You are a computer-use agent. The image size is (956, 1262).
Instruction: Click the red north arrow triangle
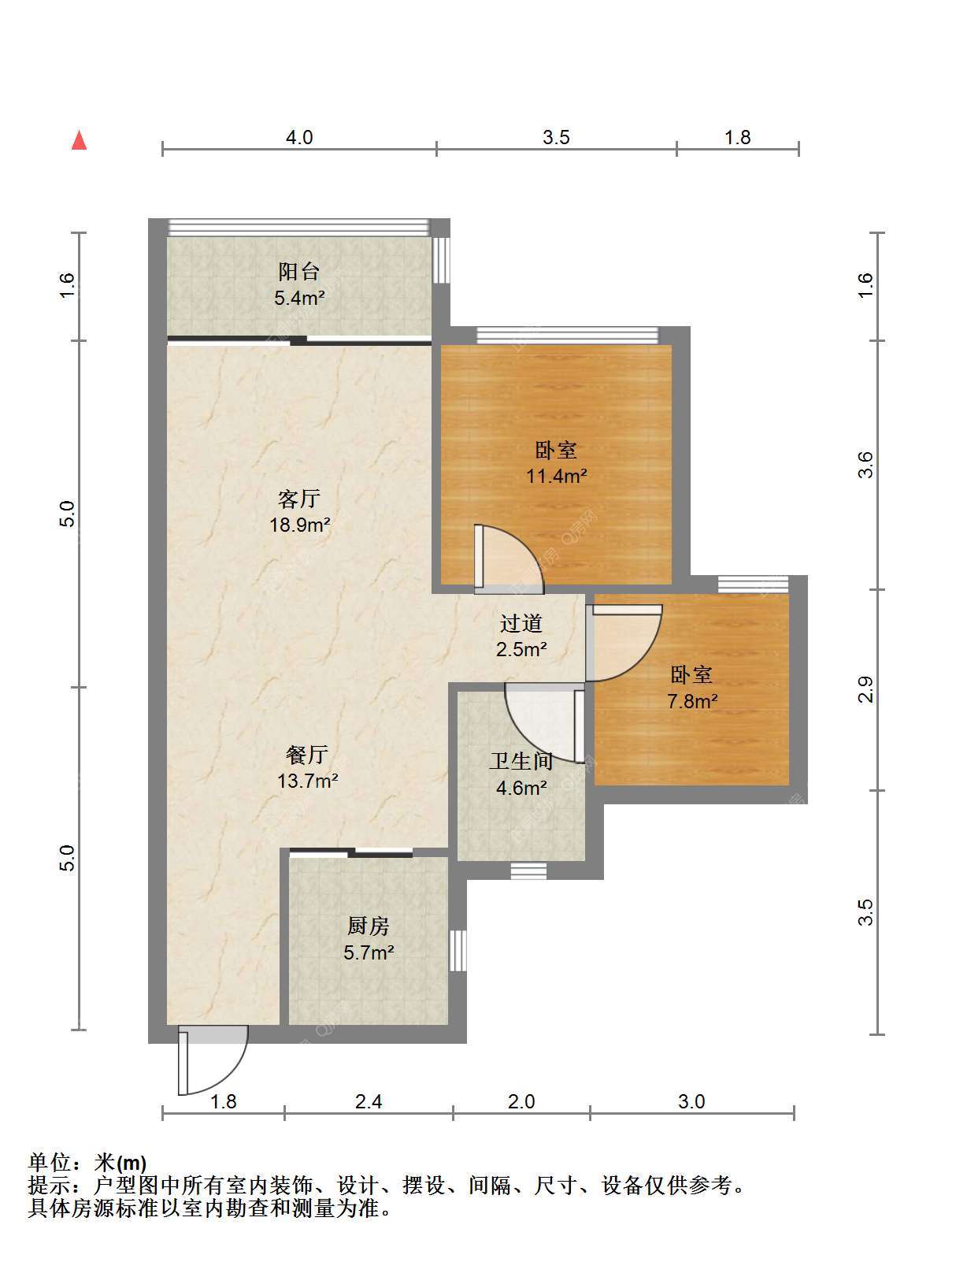80,140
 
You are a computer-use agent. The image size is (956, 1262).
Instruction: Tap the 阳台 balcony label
298,271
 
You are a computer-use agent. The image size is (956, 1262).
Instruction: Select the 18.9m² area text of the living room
299,525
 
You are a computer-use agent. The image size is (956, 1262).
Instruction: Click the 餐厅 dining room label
307,755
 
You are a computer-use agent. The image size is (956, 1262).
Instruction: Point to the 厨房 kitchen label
369,926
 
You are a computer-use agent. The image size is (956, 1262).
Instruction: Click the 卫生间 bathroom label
521,761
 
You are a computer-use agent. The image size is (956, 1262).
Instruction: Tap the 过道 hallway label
521,623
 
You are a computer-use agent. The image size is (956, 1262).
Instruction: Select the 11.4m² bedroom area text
556,476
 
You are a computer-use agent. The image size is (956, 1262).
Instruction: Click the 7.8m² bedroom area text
691,701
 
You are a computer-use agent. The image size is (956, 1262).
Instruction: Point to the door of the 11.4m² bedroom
509,559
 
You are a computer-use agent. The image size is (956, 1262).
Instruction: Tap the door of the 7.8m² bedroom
624,643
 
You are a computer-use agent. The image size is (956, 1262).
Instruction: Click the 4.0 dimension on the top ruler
299,138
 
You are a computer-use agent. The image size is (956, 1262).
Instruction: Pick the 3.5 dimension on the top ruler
556,138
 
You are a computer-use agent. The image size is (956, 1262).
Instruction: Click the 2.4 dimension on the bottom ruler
369,1101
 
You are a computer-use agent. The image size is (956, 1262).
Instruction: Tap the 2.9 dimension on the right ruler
865,690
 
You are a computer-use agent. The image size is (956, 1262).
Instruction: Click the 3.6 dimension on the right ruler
865,465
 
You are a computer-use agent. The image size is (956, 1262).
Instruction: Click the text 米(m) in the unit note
120,1163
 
